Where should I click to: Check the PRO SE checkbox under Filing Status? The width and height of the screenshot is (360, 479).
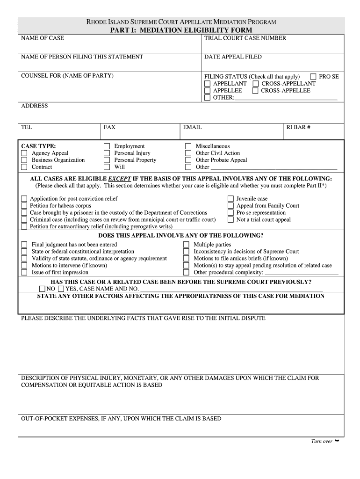(313, 77)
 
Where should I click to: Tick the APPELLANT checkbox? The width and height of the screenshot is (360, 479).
(208, 84)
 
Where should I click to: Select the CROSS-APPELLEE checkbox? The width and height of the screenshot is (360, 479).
(255, 91)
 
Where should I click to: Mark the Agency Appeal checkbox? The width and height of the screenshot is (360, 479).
(24, 153)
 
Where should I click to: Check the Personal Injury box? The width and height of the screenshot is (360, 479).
(107, 153)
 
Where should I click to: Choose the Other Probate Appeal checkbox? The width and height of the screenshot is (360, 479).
(188, 160)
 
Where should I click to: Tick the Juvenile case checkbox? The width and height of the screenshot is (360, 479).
(230, 199)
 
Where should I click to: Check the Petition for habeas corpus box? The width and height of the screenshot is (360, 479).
(24, 206)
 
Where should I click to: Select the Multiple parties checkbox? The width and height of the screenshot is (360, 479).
(187, 245)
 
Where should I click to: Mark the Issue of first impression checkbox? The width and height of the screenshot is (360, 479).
(24, 273)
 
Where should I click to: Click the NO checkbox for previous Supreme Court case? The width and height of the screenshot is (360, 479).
(43, 289)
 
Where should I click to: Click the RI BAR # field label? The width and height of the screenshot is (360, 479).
(298, 127)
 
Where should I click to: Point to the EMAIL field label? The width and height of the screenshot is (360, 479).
(192, 127)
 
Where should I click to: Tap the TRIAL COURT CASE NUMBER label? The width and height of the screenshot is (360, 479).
(245, 38)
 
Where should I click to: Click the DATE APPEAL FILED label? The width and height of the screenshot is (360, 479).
(233, 57)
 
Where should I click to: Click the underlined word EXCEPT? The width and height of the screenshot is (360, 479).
(120, 179)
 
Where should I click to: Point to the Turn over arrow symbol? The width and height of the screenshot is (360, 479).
(337, 441)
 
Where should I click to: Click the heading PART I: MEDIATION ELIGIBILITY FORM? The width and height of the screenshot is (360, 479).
(181, 30)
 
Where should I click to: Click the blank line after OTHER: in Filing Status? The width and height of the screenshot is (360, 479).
(285, 98)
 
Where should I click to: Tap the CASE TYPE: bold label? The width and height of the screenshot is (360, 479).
(38, 146)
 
